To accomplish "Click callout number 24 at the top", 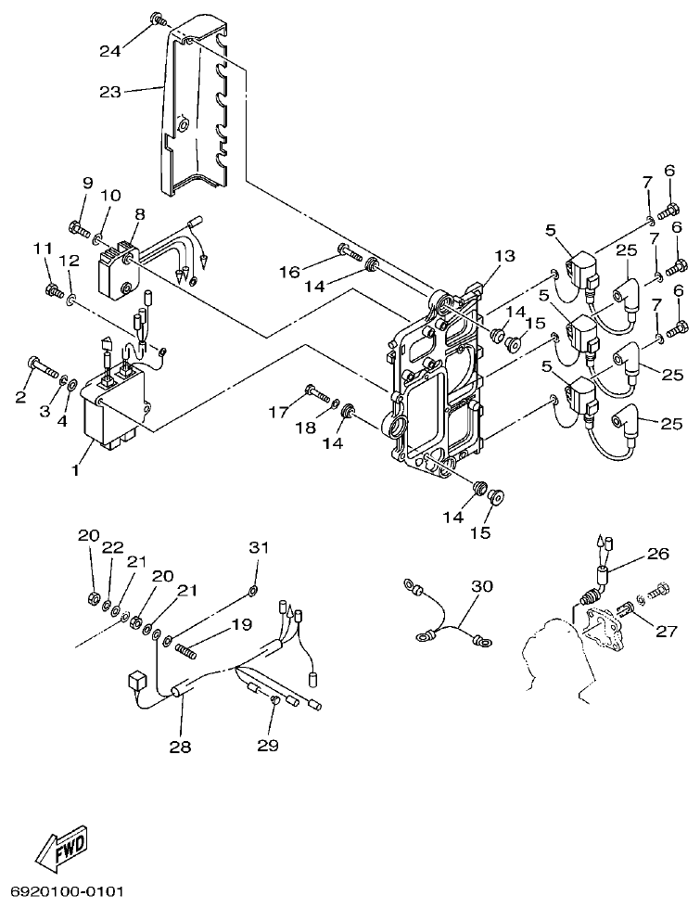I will point(110,51).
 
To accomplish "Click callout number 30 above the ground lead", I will point(482,586).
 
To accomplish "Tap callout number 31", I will point(257,547).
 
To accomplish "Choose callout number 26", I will point(657,555).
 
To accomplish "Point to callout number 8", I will point(139,214).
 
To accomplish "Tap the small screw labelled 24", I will point(159,18).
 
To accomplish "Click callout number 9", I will point(88,182).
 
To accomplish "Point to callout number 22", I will point(113,547).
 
